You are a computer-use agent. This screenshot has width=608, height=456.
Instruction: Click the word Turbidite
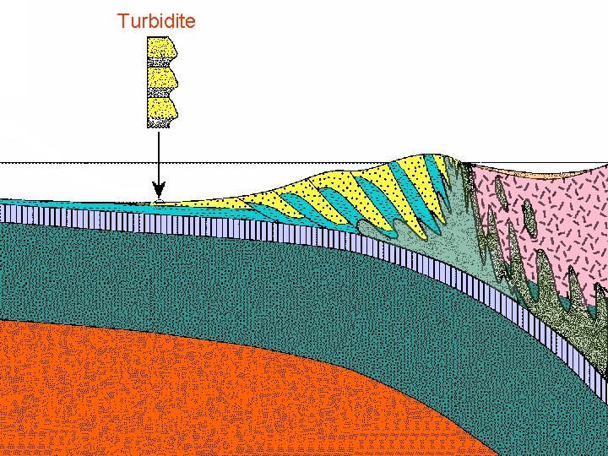click(156, 20)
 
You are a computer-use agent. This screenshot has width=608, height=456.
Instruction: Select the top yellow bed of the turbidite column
click(160, 52)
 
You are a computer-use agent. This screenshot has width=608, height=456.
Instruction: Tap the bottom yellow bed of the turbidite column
click(160, 109)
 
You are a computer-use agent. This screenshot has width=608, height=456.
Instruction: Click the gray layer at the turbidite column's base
click(159, 123)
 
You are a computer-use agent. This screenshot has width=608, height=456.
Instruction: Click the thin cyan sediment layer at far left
click(51, 204)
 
